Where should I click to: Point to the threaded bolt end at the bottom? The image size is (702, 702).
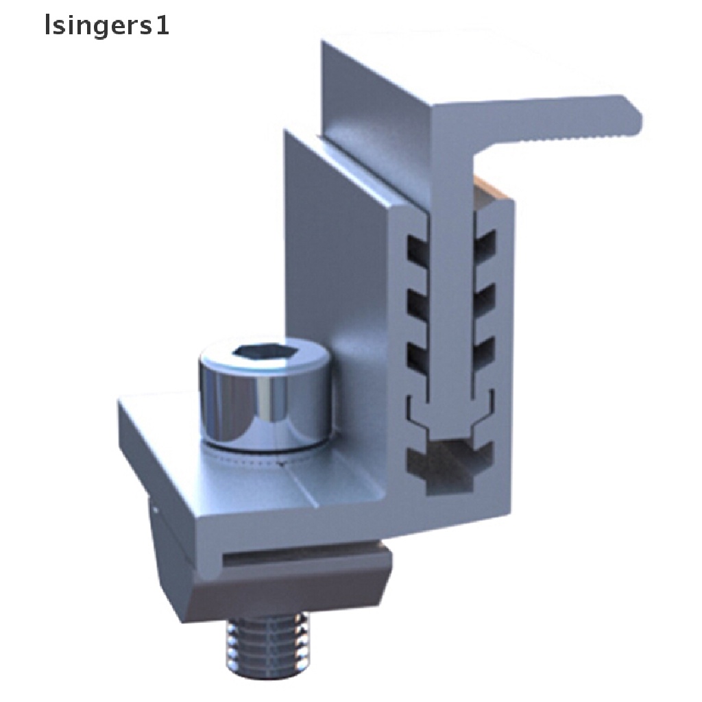(268, 644)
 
